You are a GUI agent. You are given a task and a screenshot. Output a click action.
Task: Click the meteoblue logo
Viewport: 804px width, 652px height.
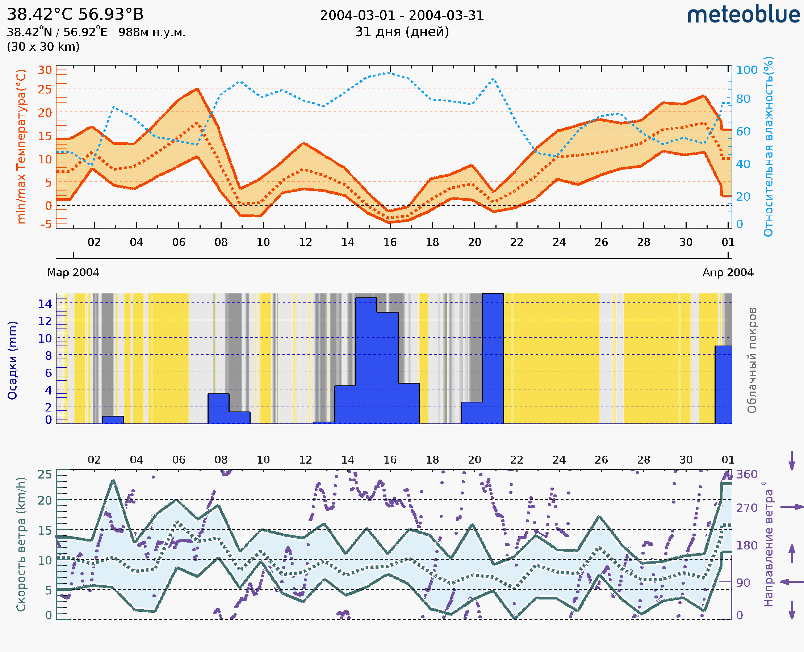743,15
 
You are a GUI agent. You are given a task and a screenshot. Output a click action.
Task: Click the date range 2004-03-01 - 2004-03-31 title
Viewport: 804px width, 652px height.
402,16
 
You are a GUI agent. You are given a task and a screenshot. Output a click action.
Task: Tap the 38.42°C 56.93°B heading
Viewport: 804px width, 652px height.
75,14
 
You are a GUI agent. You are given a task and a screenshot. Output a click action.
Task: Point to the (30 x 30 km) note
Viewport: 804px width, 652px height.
43,47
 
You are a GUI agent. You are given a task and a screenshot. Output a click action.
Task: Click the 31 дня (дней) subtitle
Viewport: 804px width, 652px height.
402,32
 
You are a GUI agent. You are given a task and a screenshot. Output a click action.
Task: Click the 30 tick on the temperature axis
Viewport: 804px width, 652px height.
45,70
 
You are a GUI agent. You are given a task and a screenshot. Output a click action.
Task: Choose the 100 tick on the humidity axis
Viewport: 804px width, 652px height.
746,70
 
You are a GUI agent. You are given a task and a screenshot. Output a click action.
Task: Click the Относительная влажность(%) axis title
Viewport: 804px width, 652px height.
768,146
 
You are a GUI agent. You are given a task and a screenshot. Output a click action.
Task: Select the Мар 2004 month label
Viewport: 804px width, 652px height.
73,272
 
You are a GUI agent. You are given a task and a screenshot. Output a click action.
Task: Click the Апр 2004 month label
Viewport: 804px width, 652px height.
728,272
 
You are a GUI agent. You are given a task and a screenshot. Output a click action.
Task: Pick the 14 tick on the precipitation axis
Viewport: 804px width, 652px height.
45,304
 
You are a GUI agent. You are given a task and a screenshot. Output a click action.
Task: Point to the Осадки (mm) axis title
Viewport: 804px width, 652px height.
12,360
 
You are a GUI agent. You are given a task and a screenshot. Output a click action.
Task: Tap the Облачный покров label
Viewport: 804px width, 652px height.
751,360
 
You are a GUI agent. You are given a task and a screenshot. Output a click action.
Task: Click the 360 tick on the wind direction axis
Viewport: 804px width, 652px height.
746,475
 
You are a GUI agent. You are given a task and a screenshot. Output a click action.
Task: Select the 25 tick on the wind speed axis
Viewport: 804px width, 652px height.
45,475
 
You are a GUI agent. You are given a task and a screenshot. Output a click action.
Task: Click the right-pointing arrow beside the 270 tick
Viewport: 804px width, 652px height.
792,507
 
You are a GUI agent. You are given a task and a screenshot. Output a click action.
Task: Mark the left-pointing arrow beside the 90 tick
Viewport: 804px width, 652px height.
792,582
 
